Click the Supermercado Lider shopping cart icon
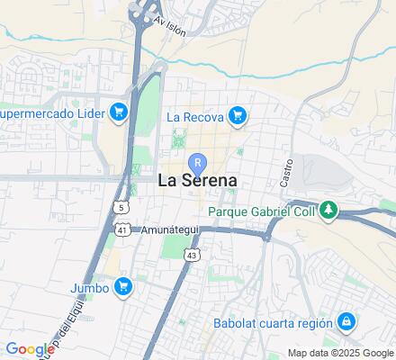tap(118, 112)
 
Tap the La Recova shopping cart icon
tap(238, 115)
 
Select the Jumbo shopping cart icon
tap(124, 288)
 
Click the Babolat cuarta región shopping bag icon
tap(346, 322)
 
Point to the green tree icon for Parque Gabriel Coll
tap(330, 211)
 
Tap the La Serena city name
tap(198, 180)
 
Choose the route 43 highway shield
tap(192, 256)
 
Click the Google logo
tap(31, 349)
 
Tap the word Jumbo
tap(89, 288)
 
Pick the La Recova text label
tap(194, 116)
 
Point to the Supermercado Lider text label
tap(51, 113)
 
